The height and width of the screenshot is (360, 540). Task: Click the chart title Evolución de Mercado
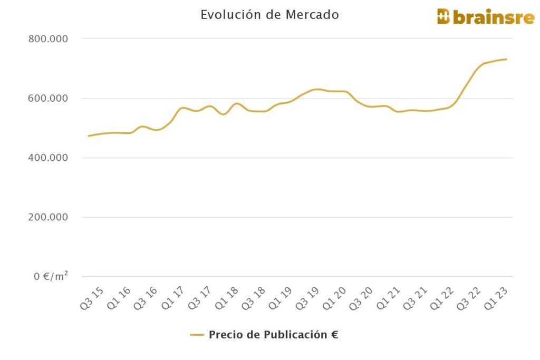tap(269, 15)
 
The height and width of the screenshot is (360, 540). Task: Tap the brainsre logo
tap(485, 17)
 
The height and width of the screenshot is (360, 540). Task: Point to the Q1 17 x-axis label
tap(176, 298)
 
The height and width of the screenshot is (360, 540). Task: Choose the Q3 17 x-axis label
tap(202, 298)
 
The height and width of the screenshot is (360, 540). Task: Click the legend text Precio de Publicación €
tap(273, 335)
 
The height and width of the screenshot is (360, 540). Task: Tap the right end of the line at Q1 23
tap(506, 59)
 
